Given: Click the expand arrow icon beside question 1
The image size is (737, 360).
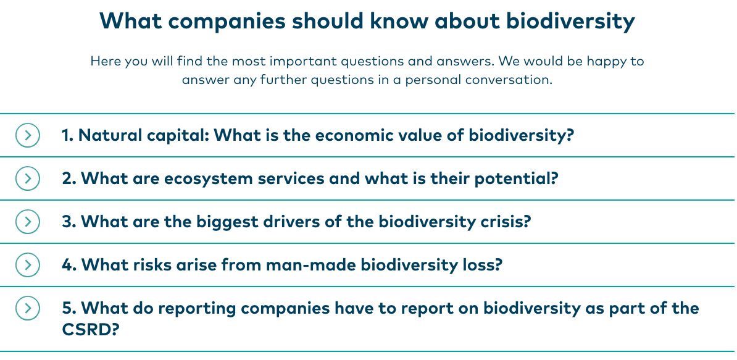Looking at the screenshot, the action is [27, 135].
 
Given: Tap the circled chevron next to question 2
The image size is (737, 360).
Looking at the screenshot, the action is [27, 178].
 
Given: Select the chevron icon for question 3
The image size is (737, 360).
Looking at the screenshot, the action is [27, 222].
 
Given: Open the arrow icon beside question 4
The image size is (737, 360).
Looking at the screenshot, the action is [27, 265].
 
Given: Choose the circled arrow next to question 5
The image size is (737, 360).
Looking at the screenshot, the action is [27, 308].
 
